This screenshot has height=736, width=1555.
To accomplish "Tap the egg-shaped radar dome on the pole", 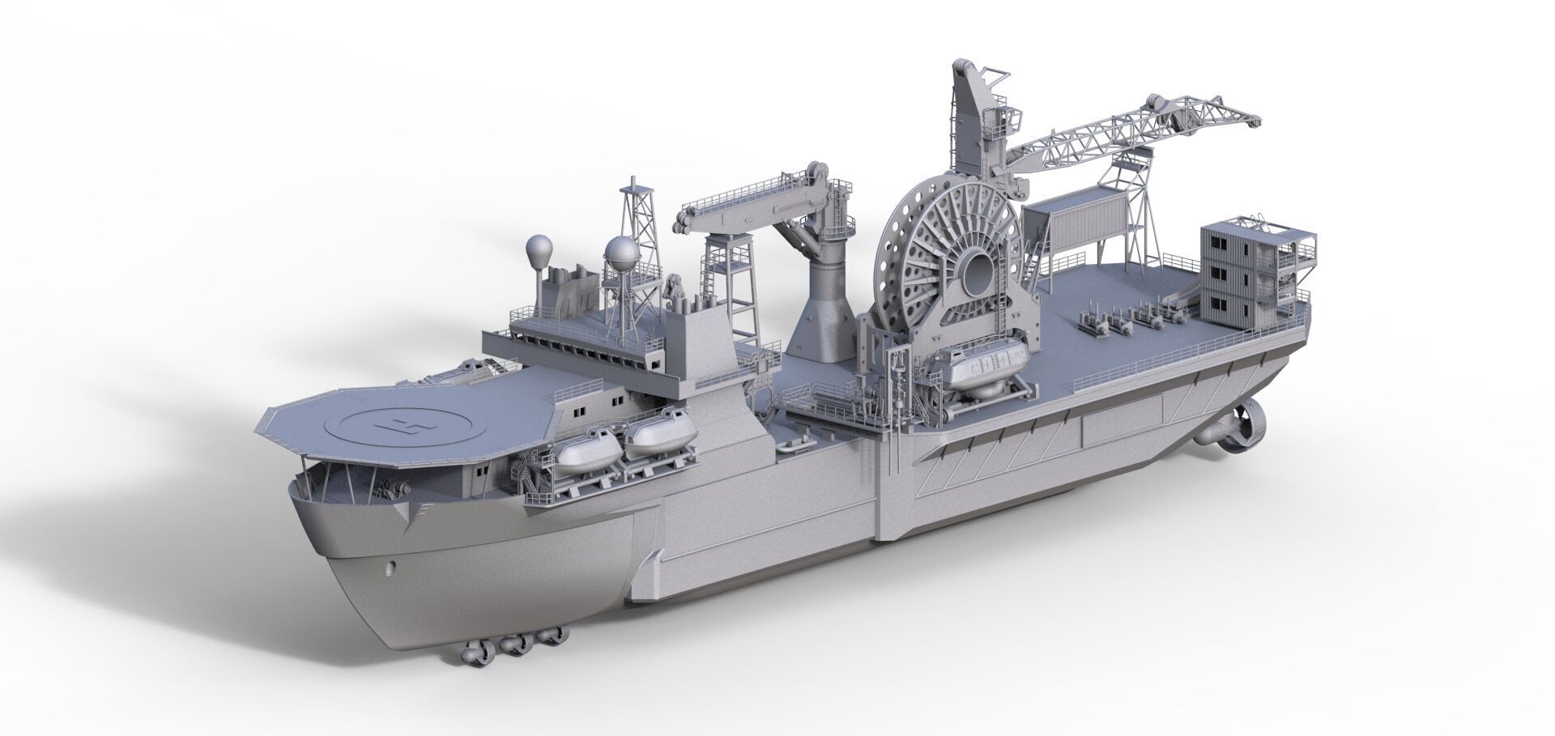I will pos(539,249).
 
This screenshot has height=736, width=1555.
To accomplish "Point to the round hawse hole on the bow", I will pos(393,567).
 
